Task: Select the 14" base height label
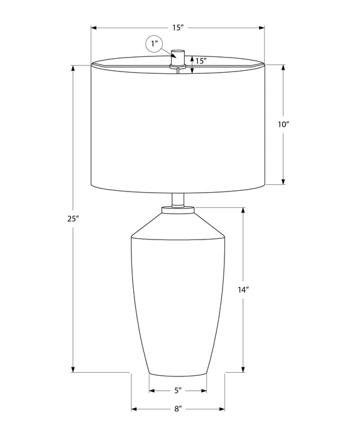tap(243, 290)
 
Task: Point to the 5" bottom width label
tap(178, 390)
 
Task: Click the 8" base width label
tap(178, 409)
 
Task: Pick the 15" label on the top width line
tap(178, 28)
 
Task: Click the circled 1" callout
tap(154, 44)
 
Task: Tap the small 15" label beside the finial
tap(201, 61)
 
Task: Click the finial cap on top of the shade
tap(178, 58)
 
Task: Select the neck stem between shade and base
tap(178, 200)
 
